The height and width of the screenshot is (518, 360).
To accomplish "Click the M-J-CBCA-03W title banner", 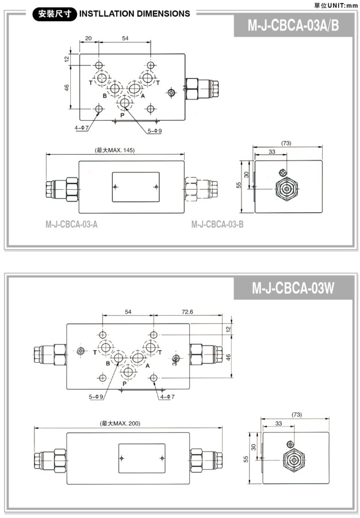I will pos(293,287).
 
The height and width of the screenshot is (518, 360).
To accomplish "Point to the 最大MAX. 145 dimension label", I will pos(115,150).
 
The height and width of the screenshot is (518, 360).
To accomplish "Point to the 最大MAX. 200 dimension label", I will pos(120,423).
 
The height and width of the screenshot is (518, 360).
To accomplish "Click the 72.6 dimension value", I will pos(187,312).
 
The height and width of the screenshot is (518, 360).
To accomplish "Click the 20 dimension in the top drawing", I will pos(89,38).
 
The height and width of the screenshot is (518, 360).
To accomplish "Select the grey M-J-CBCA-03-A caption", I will pos(71,224).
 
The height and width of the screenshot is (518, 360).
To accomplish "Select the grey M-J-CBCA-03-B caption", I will pos(217,224).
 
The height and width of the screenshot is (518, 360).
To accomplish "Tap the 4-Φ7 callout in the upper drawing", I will pos(81,128).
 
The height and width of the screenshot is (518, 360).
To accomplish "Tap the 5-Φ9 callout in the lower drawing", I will pos(97,397).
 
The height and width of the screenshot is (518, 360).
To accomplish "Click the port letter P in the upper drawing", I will pos(122,116).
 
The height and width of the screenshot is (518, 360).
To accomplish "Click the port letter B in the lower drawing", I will pos(108,363).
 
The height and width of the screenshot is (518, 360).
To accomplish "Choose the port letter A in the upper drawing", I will pos(143,95).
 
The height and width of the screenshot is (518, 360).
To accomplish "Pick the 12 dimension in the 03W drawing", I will pos(228,329).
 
